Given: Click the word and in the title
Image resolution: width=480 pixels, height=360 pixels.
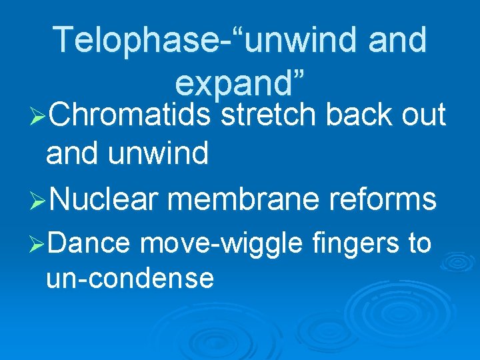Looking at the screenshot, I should (x=397, y=40).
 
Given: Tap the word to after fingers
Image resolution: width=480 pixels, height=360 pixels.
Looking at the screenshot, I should (x=419, y=243).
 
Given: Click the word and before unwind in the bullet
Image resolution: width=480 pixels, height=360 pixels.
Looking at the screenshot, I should (x=70, y=154).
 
